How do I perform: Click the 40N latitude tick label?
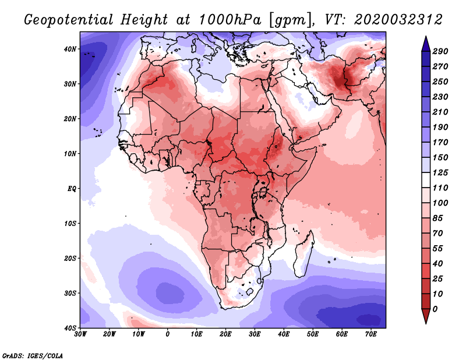70,48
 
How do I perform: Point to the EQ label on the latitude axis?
70,189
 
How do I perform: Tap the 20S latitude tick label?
70,258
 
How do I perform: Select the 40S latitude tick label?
70,328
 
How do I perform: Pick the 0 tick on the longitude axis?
168,334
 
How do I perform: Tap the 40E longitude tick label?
284,334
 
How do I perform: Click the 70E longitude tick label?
371,334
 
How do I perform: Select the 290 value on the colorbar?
440,52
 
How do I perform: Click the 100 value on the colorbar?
440,203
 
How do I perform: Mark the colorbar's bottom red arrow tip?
426,322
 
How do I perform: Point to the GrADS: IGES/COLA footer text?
33,355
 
